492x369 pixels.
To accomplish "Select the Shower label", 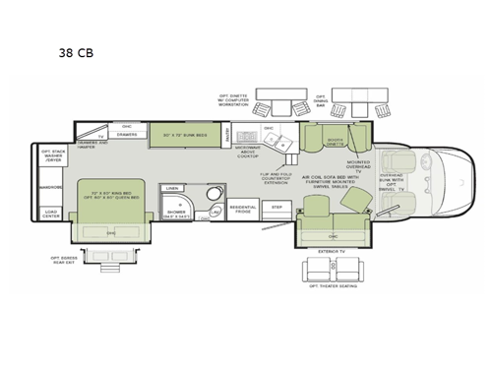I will coord(176,212).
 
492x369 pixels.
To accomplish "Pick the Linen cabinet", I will coord(172,187).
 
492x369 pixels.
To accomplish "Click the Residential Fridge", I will coord(242,210).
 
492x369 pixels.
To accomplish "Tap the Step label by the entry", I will coord(277,208).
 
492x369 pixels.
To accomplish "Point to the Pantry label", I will coord(226,134).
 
